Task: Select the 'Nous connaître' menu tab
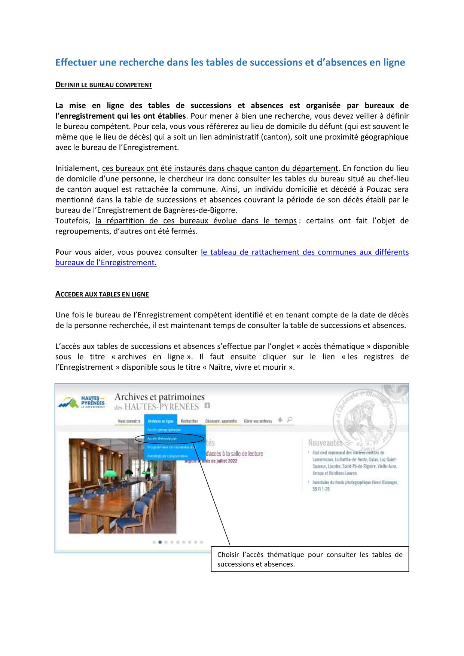(129, 421)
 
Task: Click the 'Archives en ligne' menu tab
(161, 421)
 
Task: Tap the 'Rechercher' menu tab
(189, 421)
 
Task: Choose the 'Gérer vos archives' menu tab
(258, 421)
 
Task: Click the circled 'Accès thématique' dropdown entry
(162, 439)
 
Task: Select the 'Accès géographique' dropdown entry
(164, 430)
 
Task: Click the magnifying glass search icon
(290, 419)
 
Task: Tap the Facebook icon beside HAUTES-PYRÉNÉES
(207, 406)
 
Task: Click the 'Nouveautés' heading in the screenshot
(325, 443)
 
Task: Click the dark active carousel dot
(160, 542)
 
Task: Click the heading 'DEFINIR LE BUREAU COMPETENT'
(104, 85)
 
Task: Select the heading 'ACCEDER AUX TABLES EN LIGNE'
(102, 295)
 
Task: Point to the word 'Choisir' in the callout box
(228, 555)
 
